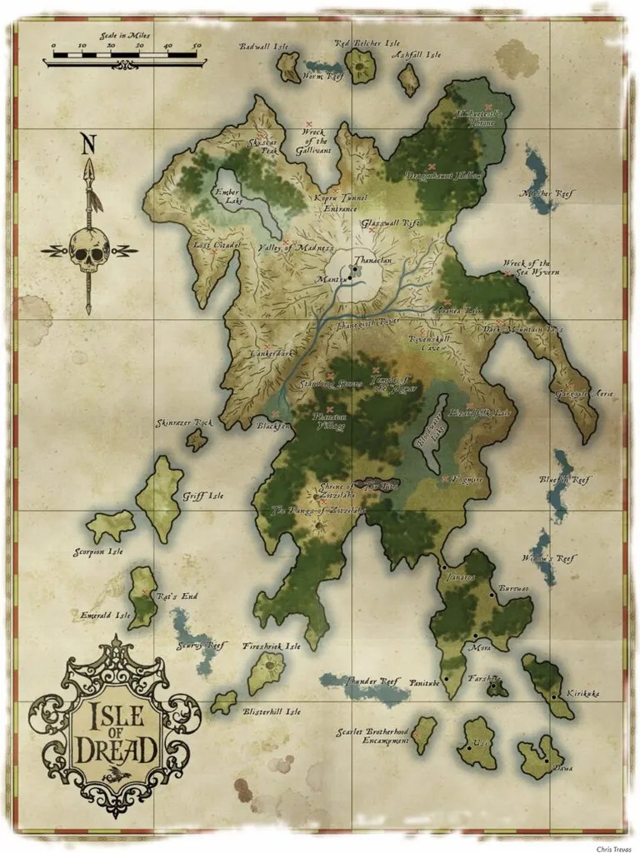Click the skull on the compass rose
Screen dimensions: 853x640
pyautogui.click(x=89, y=250)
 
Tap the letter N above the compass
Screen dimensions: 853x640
pyautogui.click(x=87, y=144)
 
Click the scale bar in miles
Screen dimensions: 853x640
pyautogui.click(x=125, y=57)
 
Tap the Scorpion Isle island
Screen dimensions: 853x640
pyautogui.click(x=110, y=526)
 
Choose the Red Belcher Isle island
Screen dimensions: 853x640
pyautogui.click(x=360, y=65)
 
